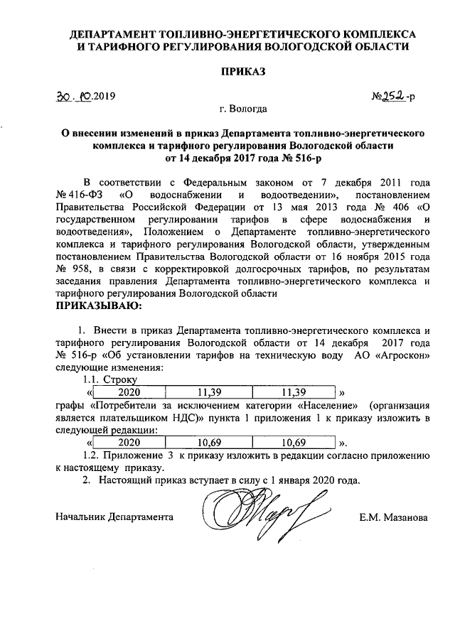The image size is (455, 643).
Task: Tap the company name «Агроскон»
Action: pyautogui.click(x=401, y=355)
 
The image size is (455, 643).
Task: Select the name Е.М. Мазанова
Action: pyautogui.click(x=394, y=517)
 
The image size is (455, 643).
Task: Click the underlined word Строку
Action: pyautogui.click(x=120, y=380)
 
